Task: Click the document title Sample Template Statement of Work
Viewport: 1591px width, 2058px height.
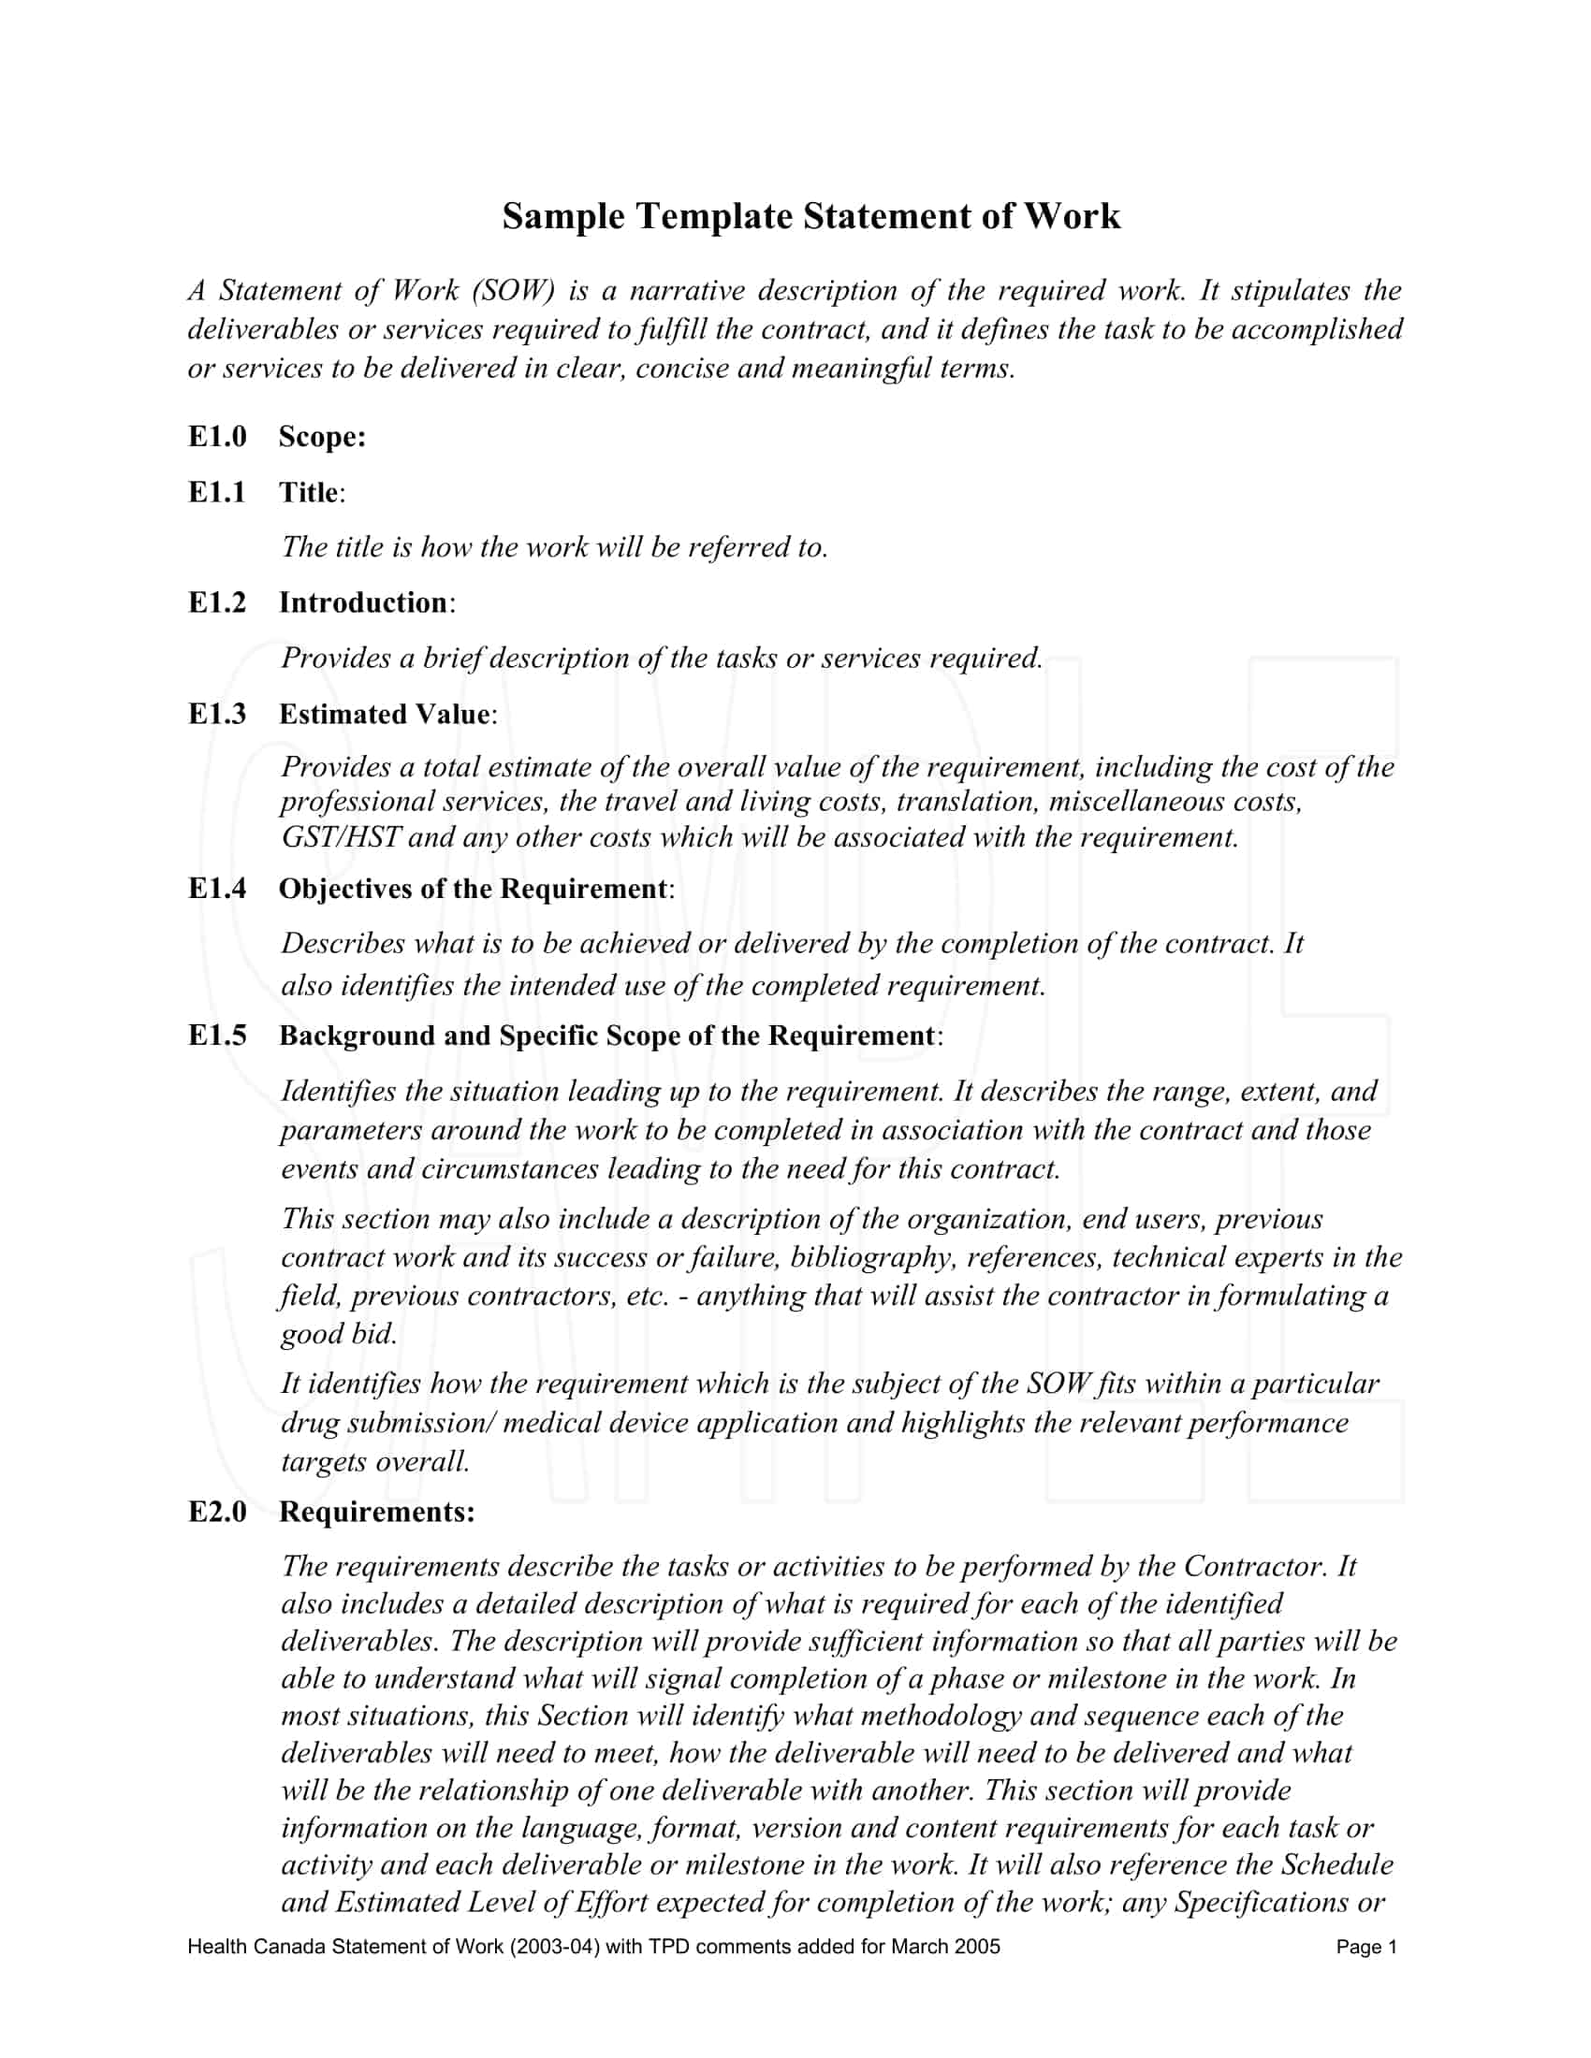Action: pyautogui.click(x=810, y=216)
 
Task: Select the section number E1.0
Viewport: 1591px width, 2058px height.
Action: pyautogui.click(x=217, y=436)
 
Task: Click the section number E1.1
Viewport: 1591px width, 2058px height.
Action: pyautogui.click(x=217, y=492)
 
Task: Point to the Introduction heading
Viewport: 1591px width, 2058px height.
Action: pyautogui.click(x=363, y=602)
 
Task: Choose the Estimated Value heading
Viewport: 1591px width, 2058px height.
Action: pyautogui.click(x=385, y=714)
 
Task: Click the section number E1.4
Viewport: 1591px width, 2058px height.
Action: pyautogui.click(x=217, y=889)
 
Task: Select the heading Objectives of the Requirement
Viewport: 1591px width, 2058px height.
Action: pyautogui.click(x=474, y=889)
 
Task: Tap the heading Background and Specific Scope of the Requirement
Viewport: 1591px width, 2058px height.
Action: pyautogui.click(x=607, y=1036)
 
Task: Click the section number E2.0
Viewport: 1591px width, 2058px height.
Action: pyautogui.click(x=217, y=1512)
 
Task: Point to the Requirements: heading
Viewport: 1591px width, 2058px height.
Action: pyautogui.click(x=377, y=1512)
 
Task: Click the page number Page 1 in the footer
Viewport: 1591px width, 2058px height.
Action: pyautogui.click(x=1365, y=1947)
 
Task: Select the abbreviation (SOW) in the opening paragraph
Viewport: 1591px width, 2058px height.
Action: pyautogui.click(x=512, y=290)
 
